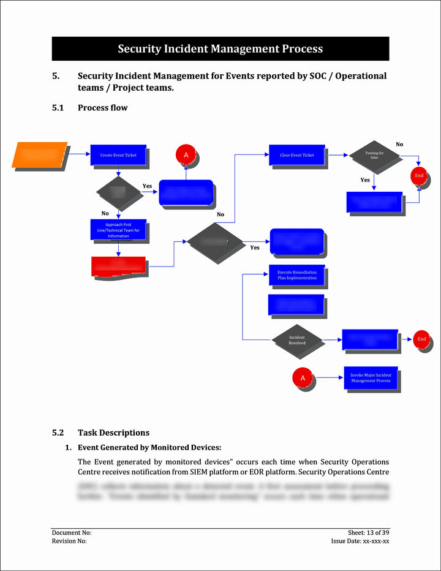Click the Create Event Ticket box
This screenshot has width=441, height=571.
tap(118, 155)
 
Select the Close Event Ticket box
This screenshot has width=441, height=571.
tap(296, 155)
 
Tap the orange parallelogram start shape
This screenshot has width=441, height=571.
tap(40, 154)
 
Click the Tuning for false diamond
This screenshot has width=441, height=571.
tap(374, 156)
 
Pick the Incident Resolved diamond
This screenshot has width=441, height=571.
tap(297, 340)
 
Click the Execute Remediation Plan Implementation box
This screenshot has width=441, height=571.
tap(296, 275)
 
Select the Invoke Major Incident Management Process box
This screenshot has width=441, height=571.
tap(370, 377)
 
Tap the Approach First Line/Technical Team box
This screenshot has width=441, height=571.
tap(118, 230)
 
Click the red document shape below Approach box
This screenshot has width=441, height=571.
tap(118, 267)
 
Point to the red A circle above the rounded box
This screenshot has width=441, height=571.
tap(186, 155)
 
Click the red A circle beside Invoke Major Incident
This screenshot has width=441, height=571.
tap(303, 378)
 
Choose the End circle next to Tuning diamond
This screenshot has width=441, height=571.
tap(419, 176)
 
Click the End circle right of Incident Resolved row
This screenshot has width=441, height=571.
tap(421, 339)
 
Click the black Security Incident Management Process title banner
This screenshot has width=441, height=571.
tap(221, 49)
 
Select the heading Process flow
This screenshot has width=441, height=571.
tap(102, 108)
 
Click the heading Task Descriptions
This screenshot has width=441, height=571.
tap(113, 433)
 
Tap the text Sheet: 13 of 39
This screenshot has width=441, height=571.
tap(368, 533)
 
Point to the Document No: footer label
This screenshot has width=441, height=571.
tap(72, 533)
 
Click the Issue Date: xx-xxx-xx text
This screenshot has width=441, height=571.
tap(360, 541)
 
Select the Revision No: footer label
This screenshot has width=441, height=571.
tap(69, 541)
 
